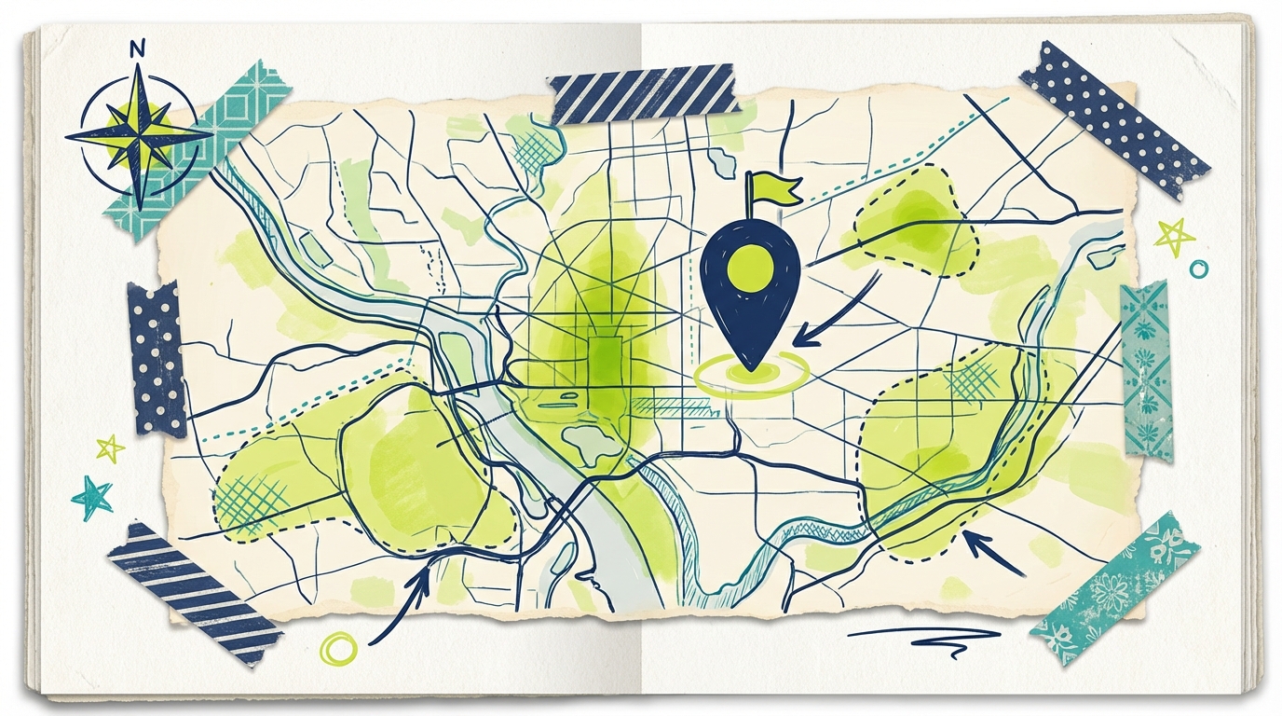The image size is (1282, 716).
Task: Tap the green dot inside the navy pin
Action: (x=749, y=268)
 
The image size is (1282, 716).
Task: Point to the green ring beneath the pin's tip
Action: (x=751, y=374)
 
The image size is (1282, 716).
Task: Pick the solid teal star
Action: (x=92, y=497)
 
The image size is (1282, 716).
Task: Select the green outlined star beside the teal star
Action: (x=110, y=448)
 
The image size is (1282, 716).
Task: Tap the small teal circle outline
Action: (x=1199, y=268)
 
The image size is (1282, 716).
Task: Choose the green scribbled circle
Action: (x=337, y=648)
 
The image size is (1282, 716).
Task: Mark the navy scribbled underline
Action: (x=922, y=636)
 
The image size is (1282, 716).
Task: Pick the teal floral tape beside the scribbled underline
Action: (x=1114, y=587)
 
